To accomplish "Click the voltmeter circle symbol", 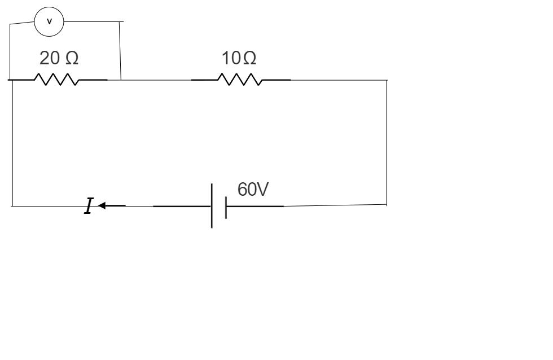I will [x=49, y=22].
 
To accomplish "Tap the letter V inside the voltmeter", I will [x=49, y=22].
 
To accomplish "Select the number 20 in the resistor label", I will [x=48, y=58].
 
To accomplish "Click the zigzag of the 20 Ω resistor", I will [x=56, y=80].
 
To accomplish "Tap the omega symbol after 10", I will [x=249, y=58].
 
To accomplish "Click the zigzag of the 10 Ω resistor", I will [x=241, y=80].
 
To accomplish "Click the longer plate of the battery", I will [x=212, y=205].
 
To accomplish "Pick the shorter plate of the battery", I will [x=226, y=207].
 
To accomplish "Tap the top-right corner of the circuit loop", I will [x=387, y=80].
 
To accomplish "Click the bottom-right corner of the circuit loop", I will [x=387, y=205].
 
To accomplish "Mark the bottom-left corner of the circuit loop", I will [x=12, y=206].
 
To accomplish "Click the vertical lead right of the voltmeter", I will [x=121, y=51].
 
